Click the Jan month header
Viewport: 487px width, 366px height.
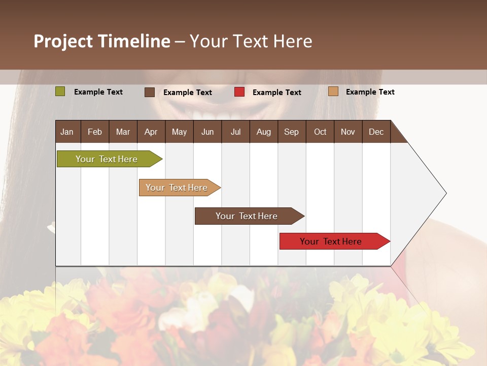point(67,132)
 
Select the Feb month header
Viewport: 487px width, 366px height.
point(95,132)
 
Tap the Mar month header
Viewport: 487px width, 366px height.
point(123,132)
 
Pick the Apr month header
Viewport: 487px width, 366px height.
point(151,132)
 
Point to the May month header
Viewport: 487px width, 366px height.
point(179,132)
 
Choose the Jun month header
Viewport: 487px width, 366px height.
point(207,132)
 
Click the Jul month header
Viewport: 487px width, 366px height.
point(235,132)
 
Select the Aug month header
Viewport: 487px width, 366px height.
point(264,132)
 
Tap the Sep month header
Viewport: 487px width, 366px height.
point(292,132)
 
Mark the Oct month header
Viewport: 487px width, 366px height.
point(320,132)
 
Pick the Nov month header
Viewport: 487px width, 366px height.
point(348,132)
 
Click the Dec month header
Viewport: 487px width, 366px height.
point(376,132)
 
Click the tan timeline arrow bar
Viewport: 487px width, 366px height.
point(178,188)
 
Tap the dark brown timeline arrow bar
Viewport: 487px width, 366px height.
point(248,216)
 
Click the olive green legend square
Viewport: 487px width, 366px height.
point(60,91)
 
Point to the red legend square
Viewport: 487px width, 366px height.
point(239,92)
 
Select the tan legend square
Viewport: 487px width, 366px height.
point(333,91)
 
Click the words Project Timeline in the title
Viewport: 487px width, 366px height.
point(102,41)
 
